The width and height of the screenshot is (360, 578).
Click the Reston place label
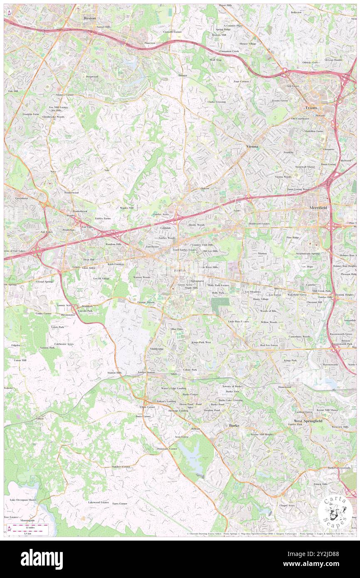point(90,18)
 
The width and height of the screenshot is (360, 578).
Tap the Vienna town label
point(252,147)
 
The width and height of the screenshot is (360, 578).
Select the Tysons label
point(311,108)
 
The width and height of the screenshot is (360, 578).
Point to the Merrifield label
point(319,207)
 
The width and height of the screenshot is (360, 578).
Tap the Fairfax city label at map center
point(180,270)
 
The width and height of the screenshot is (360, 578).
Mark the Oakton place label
point(205,188)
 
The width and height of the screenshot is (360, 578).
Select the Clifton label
point(40,418)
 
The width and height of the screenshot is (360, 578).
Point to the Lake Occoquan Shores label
point(23,499)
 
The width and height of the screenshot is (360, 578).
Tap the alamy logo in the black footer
point(42,559)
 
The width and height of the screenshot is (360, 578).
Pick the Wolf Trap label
point(215,60)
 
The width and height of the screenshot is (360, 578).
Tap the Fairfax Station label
point(146,372)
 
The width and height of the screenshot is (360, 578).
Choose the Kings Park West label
point(201,342)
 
